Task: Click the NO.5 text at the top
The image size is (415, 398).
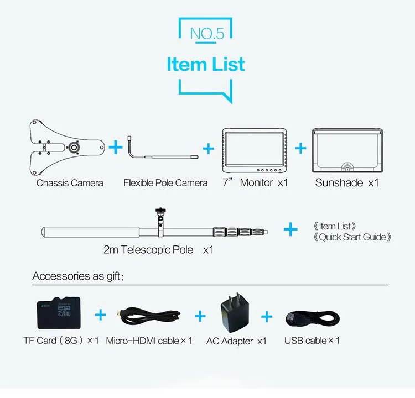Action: click(207, 34)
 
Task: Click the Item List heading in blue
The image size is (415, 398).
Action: click(206, 64)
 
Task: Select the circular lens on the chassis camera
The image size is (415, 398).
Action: click(74, 148)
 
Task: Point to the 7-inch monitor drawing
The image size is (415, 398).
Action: click(255, 150)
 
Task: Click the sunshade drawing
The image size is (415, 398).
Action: click(347, 150)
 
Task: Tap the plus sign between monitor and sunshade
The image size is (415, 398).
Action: click(300, 148)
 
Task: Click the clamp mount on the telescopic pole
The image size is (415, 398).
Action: click(160, 222)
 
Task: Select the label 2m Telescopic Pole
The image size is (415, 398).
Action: click(148, 250)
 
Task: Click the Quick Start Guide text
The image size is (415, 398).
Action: click(352, 237)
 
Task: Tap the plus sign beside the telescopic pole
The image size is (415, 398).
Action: click(290, 229)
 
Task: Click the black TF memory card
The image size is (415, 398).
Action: click(59, 313)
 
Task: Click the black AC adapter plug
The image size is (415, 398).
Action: click(235, 313)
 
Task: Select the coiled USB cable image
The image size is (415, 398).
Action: click(313, 318)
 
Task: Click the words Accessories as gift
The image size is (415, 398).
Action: click(77, 276)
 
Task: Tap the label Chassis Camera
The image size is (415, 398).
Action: click(70, 183)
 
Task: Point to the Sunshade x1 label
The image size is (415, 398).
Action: click(347, 183)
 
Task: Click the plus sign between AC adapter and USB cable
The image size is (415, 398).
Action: click(267, 317)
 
